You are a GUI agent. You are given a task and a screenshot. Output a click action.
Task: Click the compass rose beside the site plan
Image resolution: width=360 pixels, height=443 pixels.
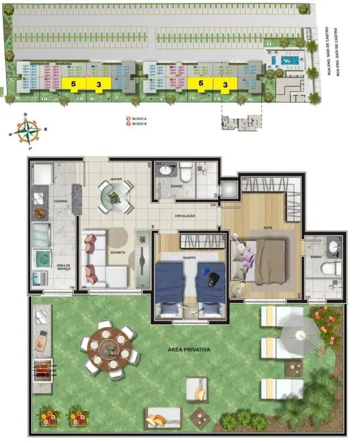click(27, 131)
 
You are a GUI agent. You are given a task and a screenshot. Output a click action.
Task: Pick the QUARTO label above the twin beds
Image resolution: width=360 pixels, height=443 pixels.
click(190, 258)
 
